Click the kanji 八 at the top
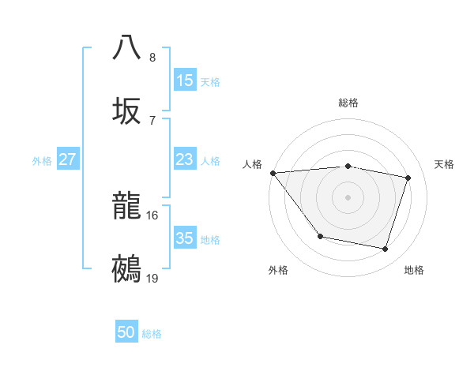[x=127, y=47]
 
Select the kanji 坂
[x=127, y=110]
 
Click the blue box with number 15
[x=185, y=80]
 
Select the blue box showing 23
[x=185, y=159]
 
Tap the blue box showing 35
[x=185, y=238]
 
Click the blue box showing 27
[x=68, y=159]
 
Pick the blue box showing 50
[x=126, y=332]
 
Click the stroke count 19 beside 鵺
[x=152, y=278]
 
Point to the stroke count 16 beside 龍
[x=152, y=215]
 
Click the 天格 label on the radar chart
[x=445, y=164]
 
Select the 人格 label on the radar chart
[x=252, y=164]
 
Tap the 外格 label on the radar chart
[x=278, y=270]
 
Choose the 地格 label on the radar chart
[x=414, y=270]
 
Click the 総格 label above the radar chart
[x=348, y=103]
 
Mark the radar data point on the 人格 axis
[x=273, y=173]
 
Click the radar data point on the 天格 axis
[x=408, y=178]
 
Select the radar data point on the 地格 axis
[x=386, y=249]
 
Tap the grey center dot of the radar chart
[x=348, y=197]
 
